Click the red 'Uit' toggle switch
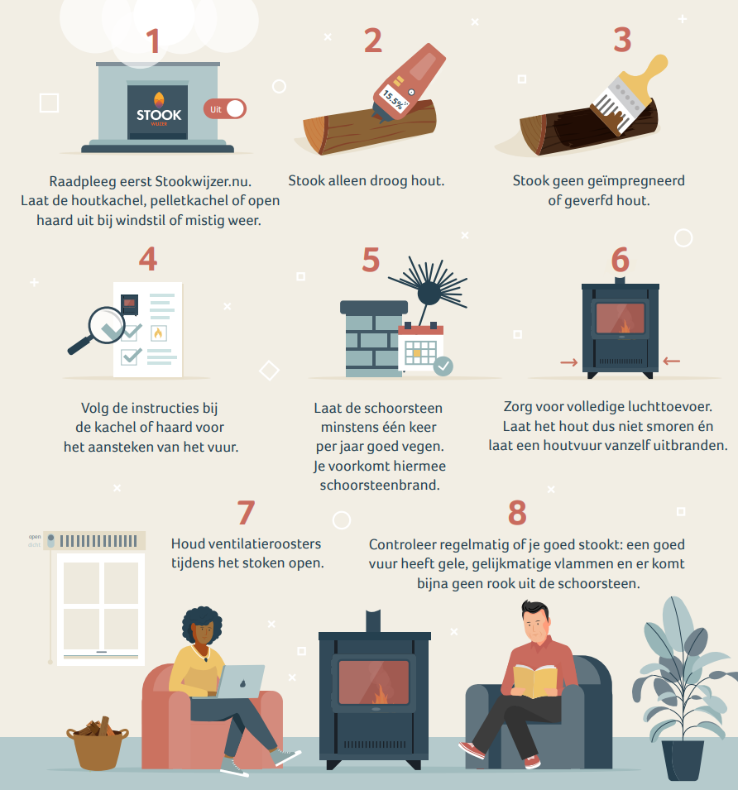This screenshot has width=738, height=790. click(x=225, y=109)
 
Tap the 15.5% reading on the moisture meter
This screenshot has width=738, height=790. click(x=393, y=99)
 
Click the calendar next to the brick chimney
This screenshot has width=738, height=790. click(x=421, y=348)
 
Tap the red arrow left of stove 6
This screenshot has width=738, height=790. click(x=568, y=362)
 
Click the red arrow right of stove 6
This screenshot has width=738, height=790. click(x=672, y=361)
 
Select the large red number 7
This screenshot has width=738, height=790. click(x=246, y=513)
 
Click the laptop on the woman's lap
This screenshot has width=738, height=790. click(x=242, y=681)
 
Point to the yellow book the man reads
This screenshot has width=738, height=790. click(x=535, y=681)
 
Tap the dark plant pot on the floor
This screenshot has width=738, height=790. click(x=683, y=760)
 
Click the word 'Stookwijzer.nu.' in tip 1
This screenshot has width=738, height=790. click(x=203, y=181)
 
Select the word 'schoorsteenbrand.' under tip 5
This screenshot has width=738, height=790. click(x=380, y=486)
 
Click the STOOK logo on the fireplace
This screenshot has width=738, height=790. click(x=159, y=110)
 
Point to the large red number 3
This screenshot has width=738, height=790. click(x=623, y=41)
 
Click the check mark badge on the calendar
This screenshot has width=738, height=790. click(x=443, y=366)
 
